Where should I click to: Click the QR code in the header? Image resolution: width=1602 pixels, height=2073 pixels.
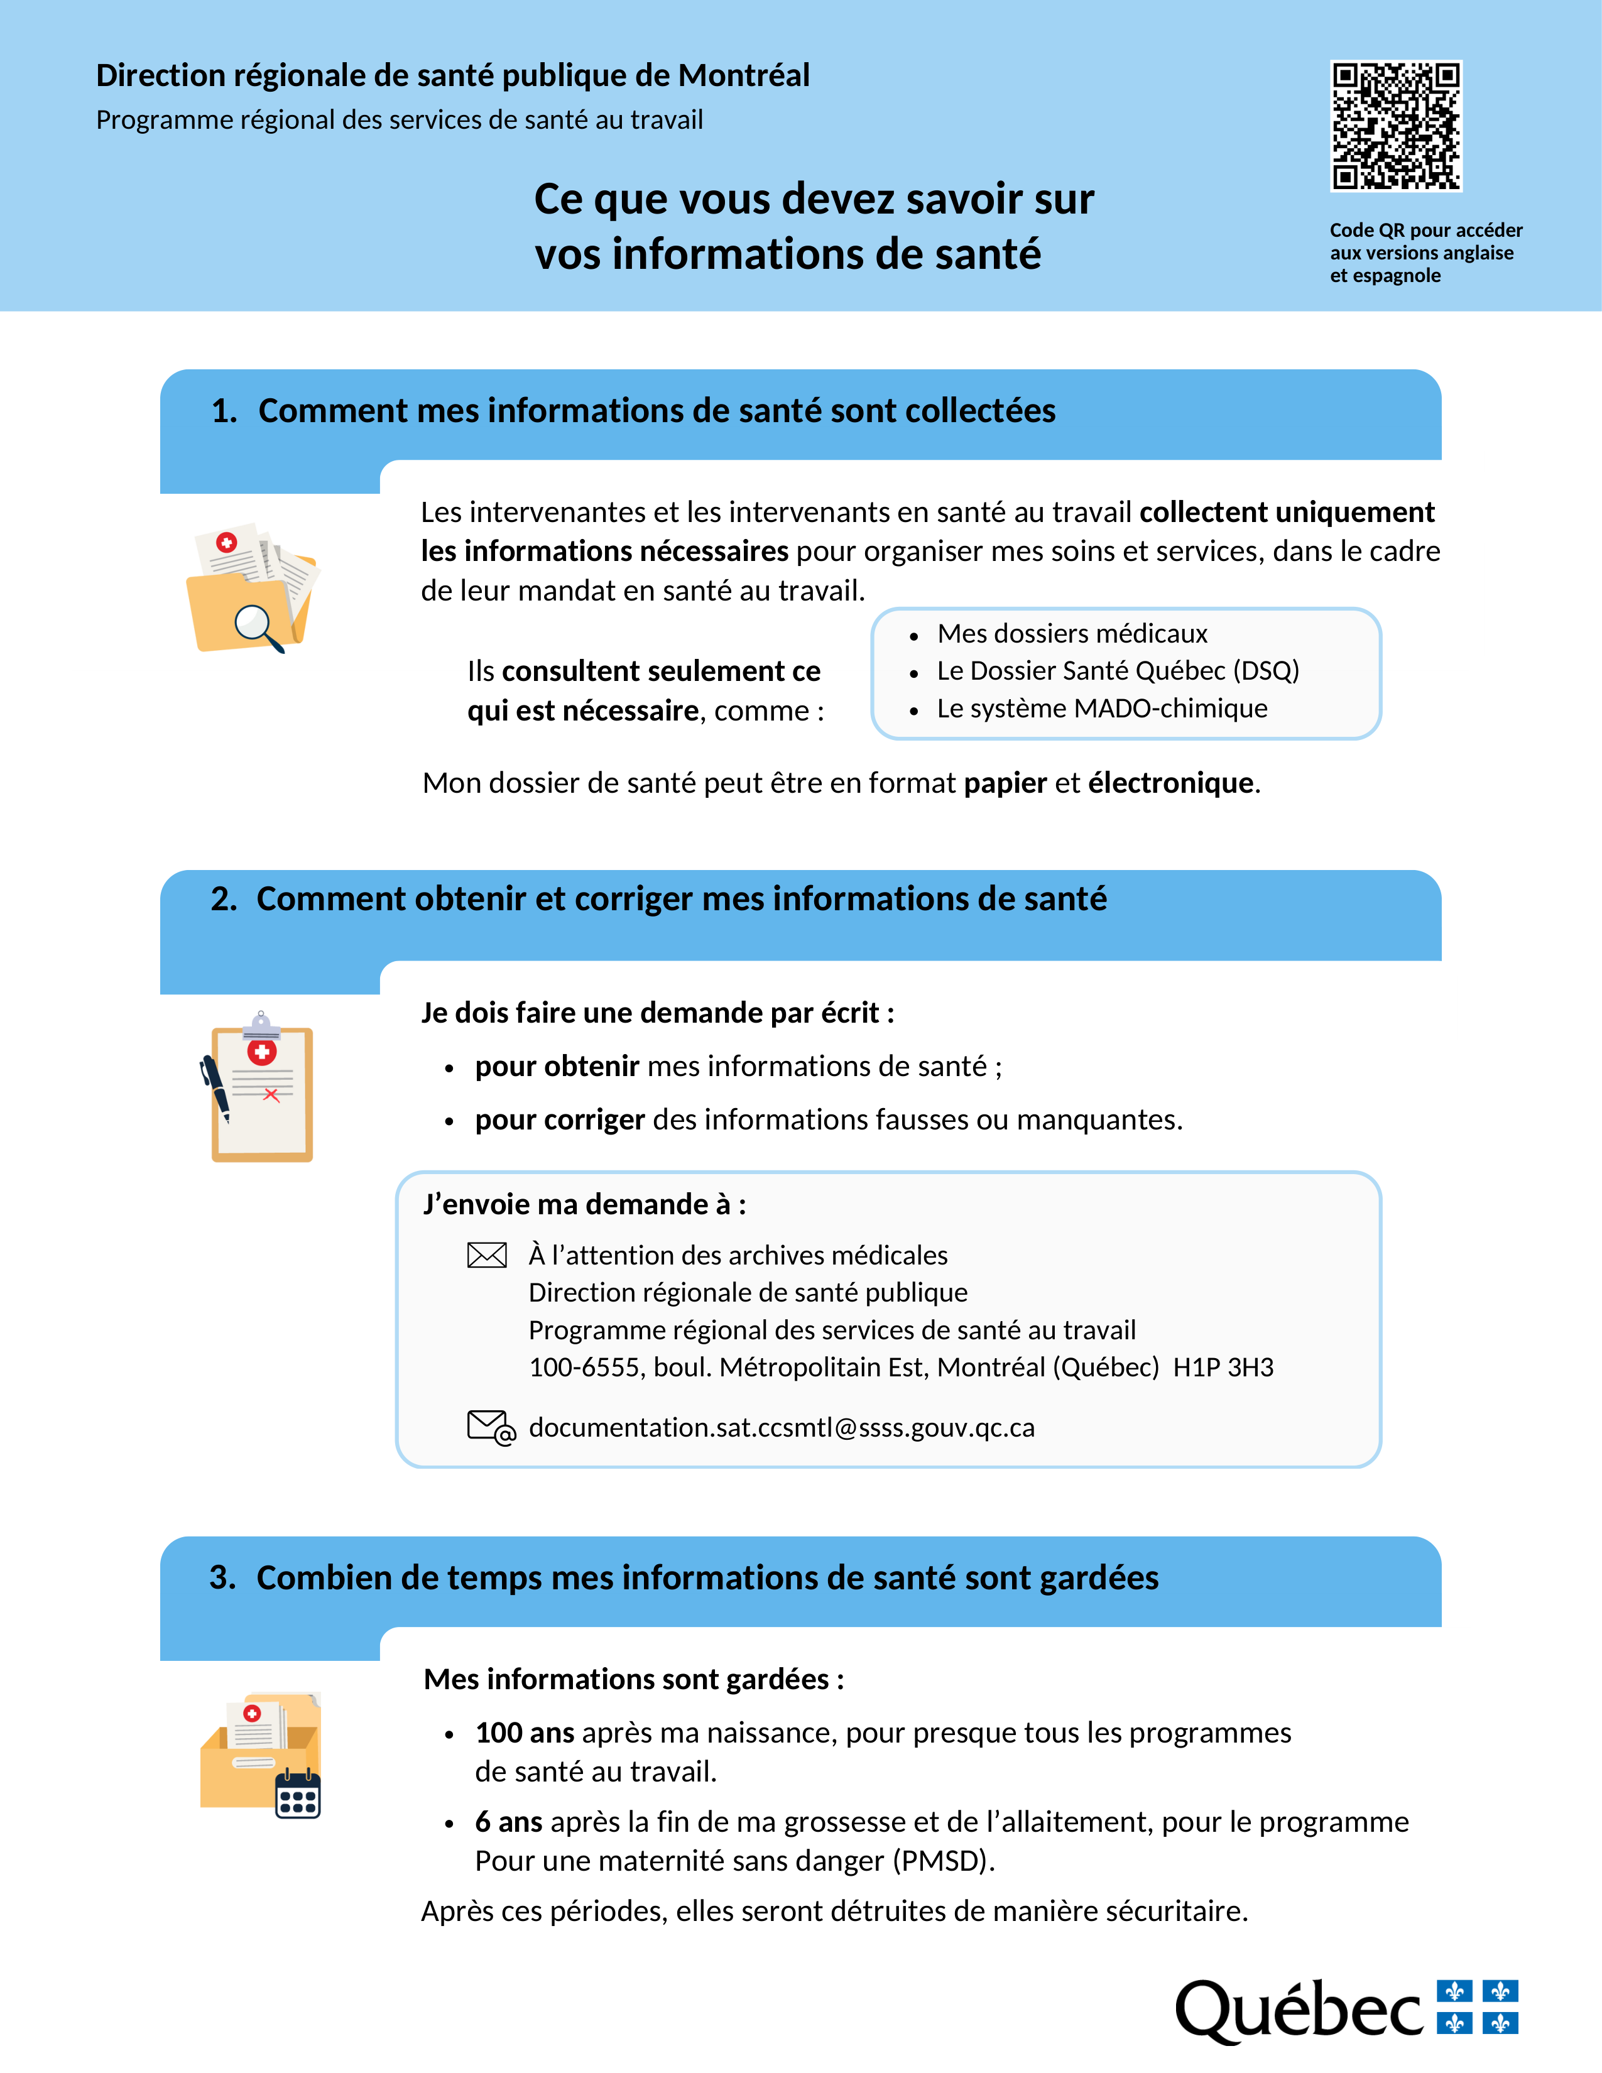pos(1395,126)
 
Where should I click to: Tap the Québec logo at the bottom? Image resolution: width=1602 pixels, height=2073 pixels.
pos(1346,2010)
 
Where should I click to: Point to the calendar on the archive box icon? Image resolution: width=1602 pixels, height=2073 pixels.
pos(297,1795)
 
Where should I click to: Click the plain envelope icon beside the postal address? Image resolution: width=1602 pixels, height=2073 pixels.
pos(487,1256)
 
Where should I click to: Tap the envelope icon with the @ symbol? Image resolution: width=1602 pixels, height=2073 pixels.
pos(491,1428)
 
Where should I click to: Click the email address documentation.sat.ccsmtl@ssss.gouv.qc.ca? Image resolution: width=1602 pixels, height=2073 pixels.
pos(781,1428)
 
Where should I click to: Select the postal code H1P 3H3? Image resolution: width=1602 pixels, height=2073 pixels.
pos(1223,1368)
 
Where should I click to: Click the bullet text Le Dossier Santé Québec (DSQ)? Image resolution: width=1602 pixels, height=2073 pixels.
pos(1117,671)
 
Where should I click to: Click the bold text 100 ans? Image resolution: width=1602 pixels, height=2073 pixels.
pos(524,1733)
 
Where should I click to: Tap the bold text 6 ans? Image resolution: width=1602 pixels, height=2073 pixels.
pos(509,1822)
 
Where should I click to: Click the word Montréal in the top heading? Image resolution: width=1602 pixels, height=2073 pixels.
pos(743,75)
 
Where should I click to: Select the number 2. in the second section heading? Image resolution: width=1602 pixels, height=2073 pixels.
pos(224,899)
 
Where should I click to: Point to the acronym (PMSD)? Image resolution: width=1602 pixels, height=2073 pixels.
pos(942,1861)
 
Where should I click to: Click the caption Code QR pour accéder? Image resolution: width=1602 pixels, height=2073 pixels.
pos(1425,231)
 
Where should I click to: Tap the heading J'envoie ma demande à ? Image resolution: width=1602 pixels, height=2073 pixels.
pos(585,1204)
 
